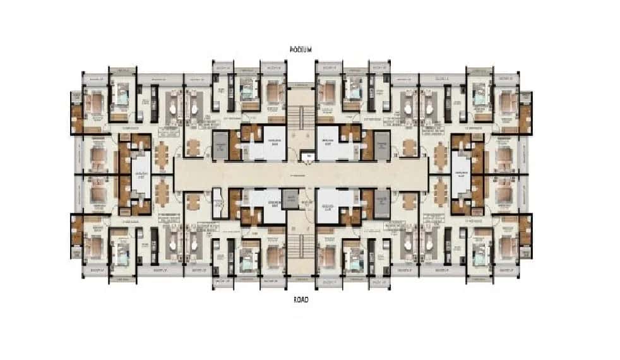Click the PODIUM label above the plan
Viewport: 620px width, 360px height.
301,49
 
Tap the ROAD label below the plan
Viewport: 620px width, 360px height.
301,301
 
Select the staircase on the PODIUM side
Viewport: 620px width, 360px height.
301,117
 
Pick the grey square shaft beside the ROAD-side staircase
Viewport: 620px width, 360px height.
290,198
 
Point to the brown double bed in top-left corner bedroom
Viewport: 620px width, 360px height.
95,104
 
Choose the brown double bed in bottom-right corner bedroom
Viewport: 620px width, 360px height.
506,246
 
